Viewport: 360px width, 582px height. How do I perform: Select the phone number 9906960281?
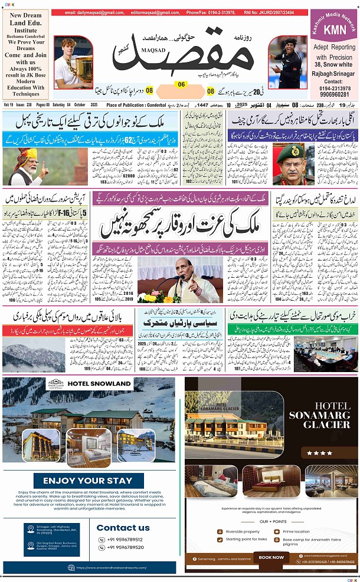point(334,94)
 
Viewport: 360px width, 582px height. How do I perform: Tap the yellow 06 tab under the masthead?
point(181,84)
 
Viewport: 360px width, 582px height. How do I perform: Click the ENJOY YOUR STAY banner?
point(88,481)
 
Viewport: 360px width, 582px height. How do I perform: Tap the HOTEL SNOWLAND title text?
point(99,383)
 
